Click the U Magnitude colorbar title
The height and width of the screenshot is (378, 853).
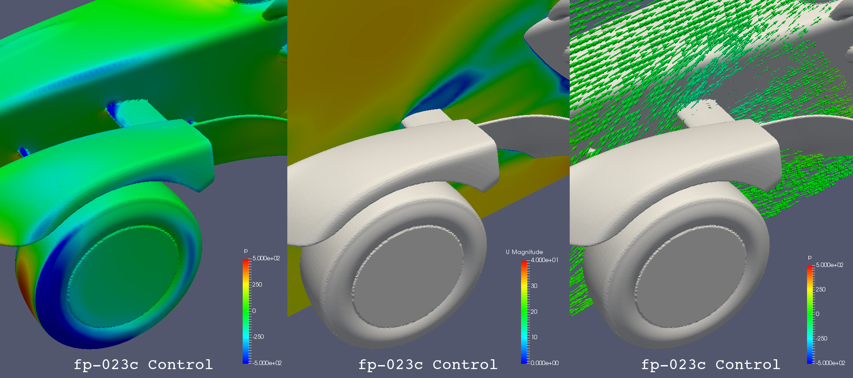point(524,252)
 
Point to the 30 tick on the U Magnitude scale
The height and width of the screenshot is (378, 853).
point(534,286)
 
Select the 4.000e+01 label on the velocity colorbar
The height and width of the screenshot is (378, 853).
point(544,260)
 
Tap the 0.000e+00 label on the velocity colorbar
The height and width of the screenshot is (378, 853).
point(545,363)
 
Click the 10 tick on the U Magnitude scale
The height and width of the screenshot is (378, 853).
point(534,337)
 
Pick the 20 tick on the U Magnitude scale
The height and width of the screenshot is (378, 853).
point(534,312)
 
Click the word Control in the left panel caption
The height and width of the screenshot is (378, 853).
point(180,365)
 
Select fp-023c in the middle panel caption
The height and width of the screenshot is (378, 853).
point(391,365)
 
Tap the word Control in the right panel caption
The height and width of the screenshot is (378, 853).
point(748,365)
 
